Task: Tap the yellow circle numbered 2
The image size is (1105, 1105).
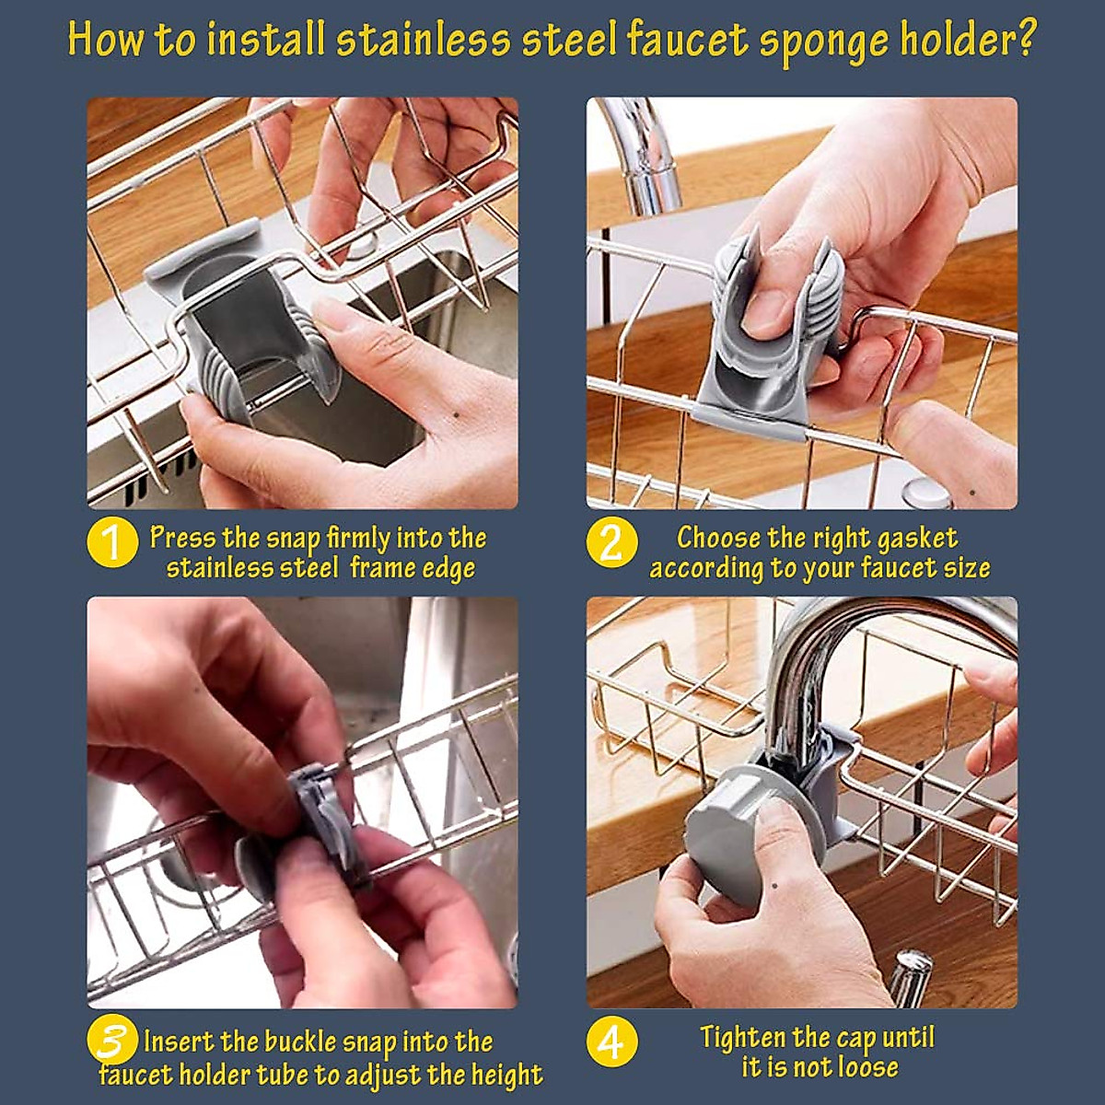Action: coord(611,543)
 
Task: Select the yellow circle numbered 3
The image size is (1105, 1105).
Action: coord(111,1042)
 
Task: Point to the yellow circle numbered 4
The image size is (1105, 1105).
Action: coord(611,1042)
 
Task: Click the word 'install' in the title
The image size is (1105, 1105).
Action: coord(266,41)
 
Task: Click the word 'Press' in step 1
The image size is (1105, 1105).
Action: coord(183,538)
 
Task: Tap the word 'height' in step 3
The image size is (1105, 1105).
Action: coord(506,1075)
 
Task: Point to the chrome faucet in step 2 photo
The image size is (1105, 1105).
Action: coord(645,157)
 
